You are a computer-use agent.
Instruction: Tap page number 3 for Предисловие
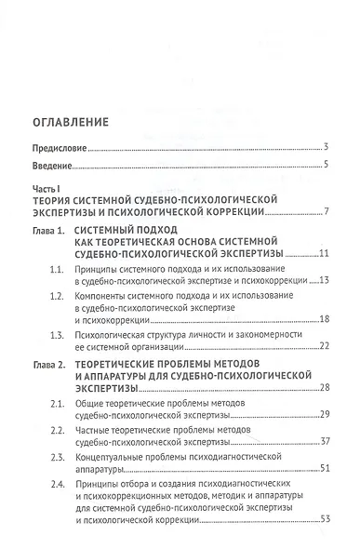tap(326, 148)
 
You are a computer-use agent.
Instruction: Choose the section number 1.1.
tap(58, 268)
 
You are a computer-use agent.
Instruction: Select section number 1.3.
tap(58, 333)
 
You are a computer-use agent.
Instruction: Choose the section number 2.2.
tap(58, 438)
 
